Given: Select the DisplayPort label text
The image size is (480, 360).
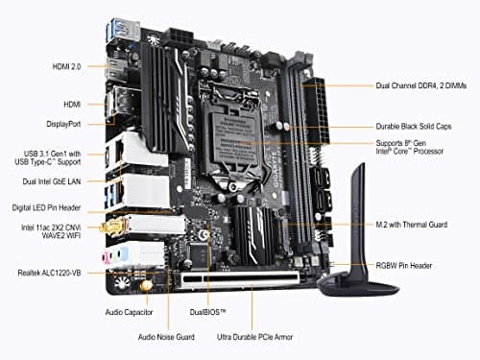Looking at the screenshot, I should (x=63, y=123).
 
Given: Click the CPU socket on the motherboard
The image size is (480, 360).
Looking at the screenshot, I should (x=237, y=119).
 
